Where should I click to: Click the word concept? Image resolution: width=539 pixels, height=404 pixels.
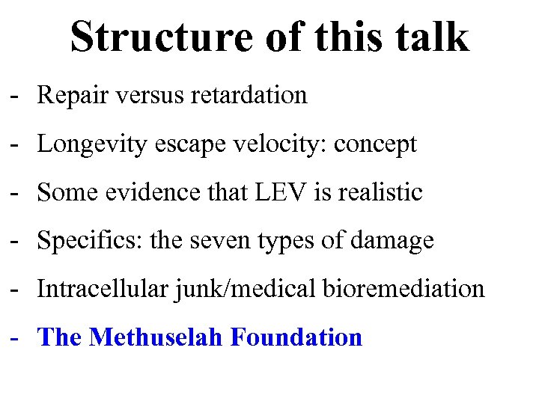coord(374,144)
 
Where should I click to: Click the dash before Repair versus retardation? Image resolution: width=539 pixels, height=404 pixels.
coord(14,97)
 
